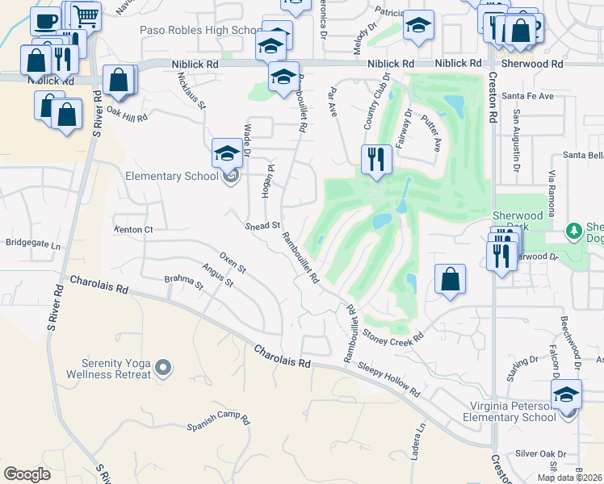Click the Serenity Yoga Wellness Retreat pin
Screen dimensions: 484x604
click(x=164, y=369)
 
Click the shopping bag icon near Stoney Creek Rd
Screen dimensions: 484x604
click(x=451, y=279)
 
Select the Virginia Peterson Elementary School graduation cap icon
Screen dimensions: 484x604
click(x=567, y=394)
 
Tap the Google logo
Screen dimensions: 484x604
click(x=27, y=474)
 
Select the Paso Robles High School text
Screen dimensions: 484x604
click(x=198, y=30)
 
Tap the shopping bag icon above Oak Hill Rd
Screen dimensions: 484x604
click(x=119, y=80)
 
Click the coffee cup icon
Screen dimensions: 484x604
click(x=46, y=20)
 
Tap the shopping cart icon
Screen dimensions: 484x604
click(x=85, y=15)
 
